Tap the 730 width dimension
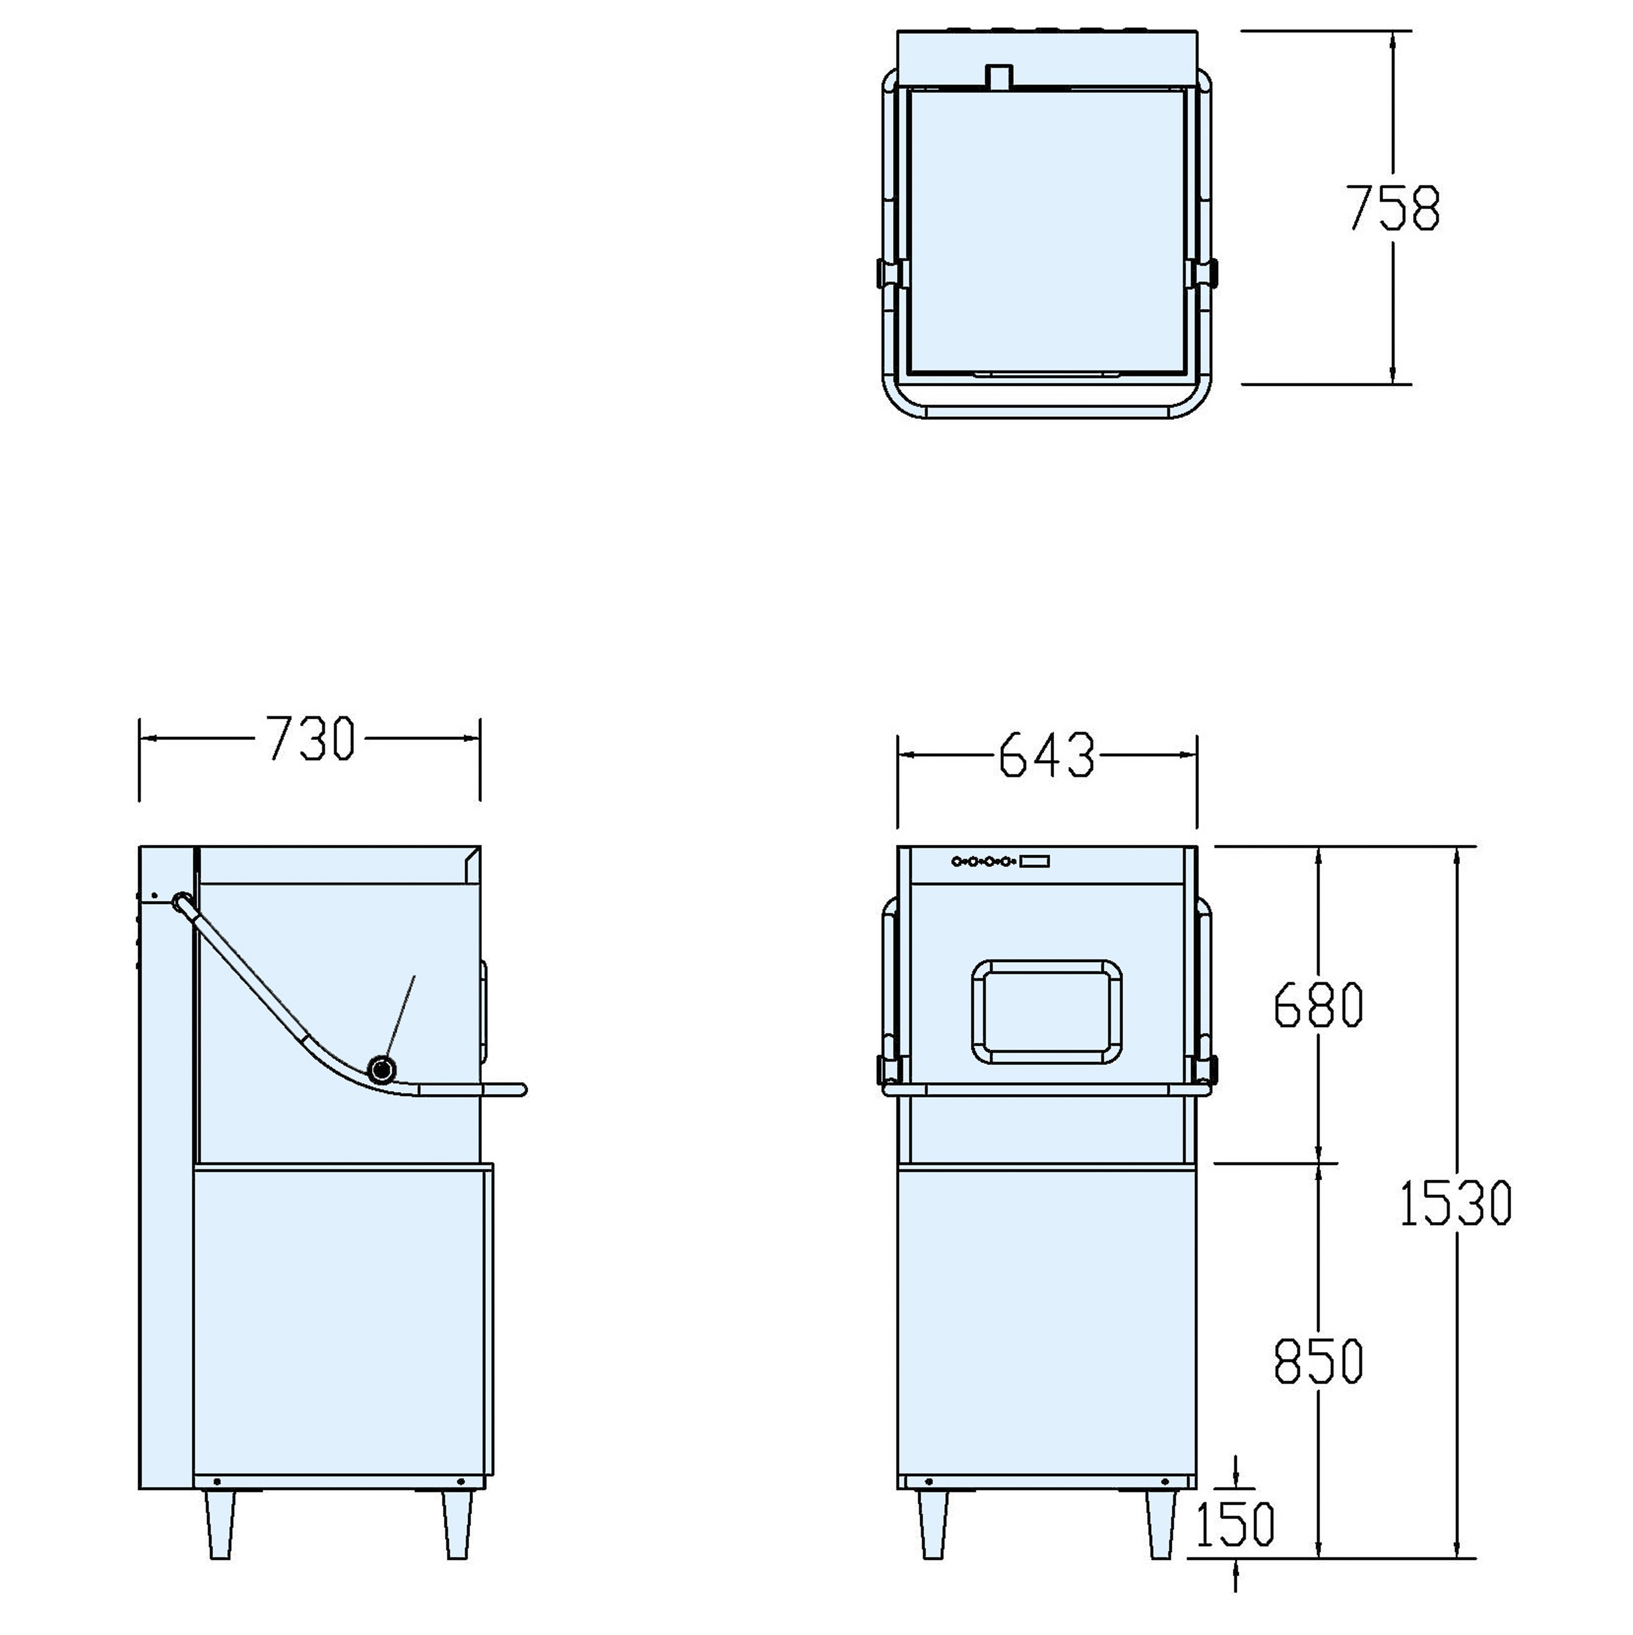[x=311, y=739]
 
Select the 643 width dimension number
[x=1047, y=755]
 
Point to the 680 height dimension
[x=1318, y=1005]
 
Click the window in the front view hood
[x=1047, y=1011]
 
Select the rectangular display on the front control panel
[x=1035, y=861]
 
